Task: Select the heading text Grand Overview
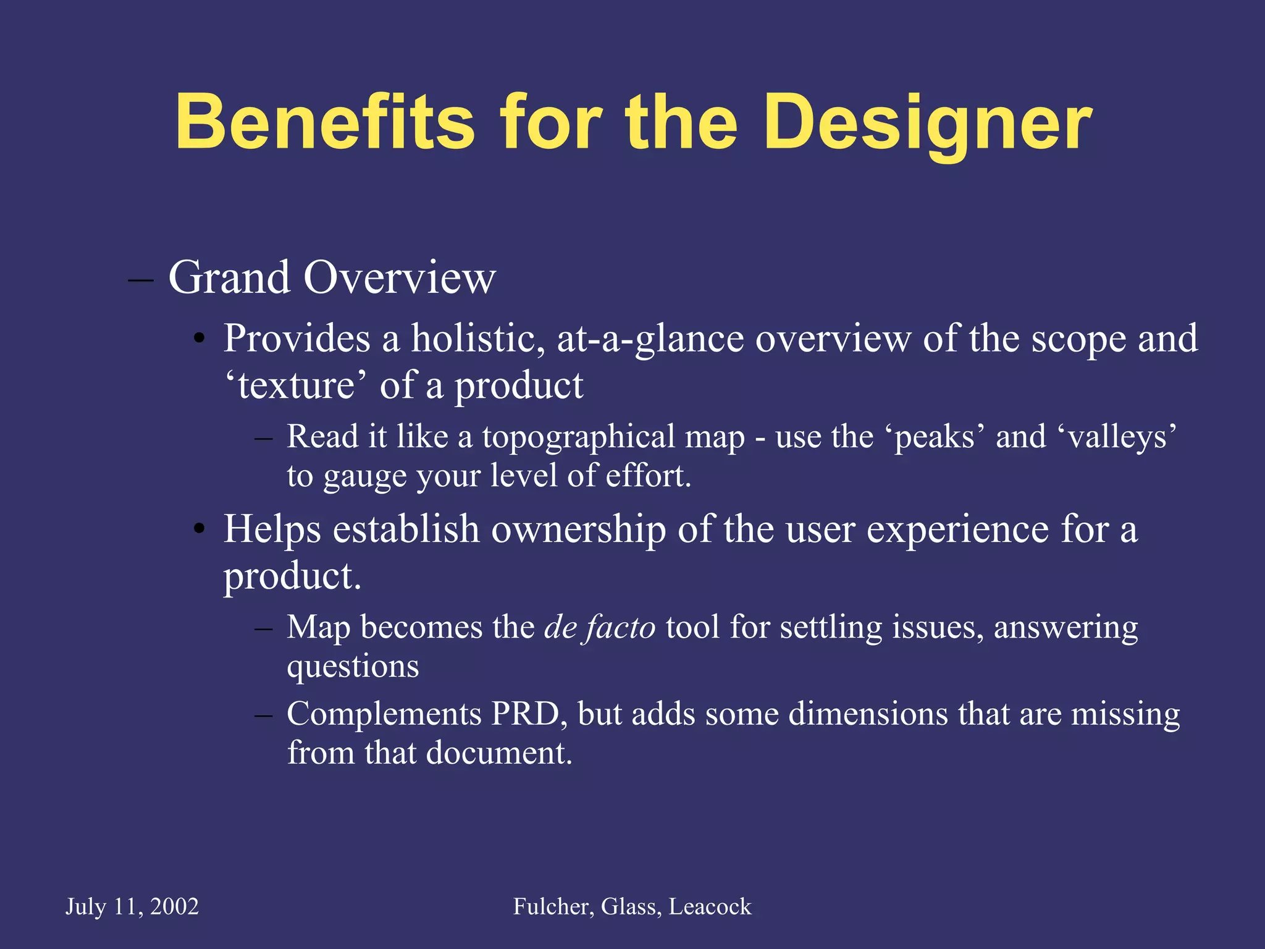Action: point(332,277)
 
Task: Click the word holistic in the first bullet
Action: point(478,339)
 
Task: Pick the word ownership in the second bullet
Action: point(579,529)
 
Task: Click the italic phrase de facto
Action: point(599,627)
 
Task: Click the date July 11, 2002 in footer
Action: point(132,906)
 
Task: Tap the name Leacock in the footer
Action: point(710,906)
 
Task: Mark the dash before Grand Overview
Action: point(141,280)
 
